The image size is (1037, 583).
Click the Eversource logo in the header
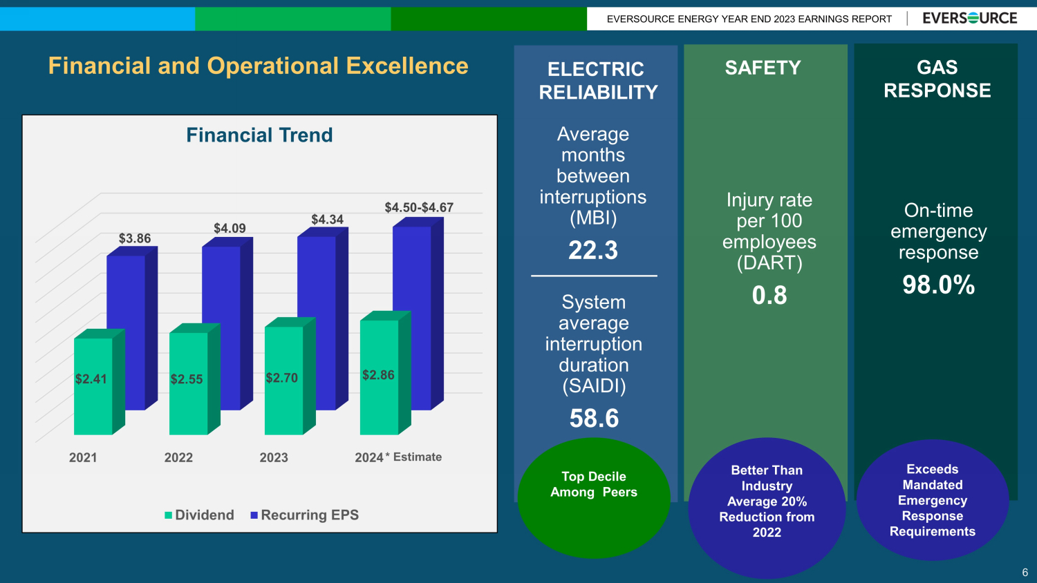click(x=969, y=19)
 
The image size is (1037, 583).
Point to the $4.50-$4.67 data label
click(x=419, y=207)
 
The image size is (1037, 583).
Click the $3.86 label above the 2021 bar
click(x=134, y=238)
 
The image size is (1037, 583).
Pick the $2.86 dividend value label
click(x=378, y=375)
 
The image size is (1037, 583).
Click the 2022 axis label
click(x=178, y=457)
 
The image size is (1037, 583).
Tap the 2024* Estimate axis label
click(x=398, y=457)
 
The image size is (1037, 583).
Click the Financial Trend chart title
click(x=259, y=135)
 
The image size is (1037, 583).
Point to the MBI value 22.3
click(x=593, y=250)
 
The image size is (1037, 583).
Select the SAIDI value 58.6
click(x=594, y=419)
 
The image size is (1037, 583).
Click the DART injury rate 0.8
click(x=769, y=296)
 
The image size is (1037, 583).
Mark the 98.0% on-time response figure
click(x=938, y=285)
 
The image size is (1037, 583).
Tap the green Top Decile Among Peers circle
click(x=594, y=497)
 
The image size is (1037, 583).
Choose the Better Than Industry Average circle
click(x=767, y=508)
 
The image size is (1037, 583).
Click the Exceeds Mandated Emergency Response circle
click(x=932, y=500)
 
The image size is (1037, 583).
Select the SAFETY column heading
click(x=763, y=68)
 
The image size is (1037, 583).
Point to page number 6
click(x=1025, y=573)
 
